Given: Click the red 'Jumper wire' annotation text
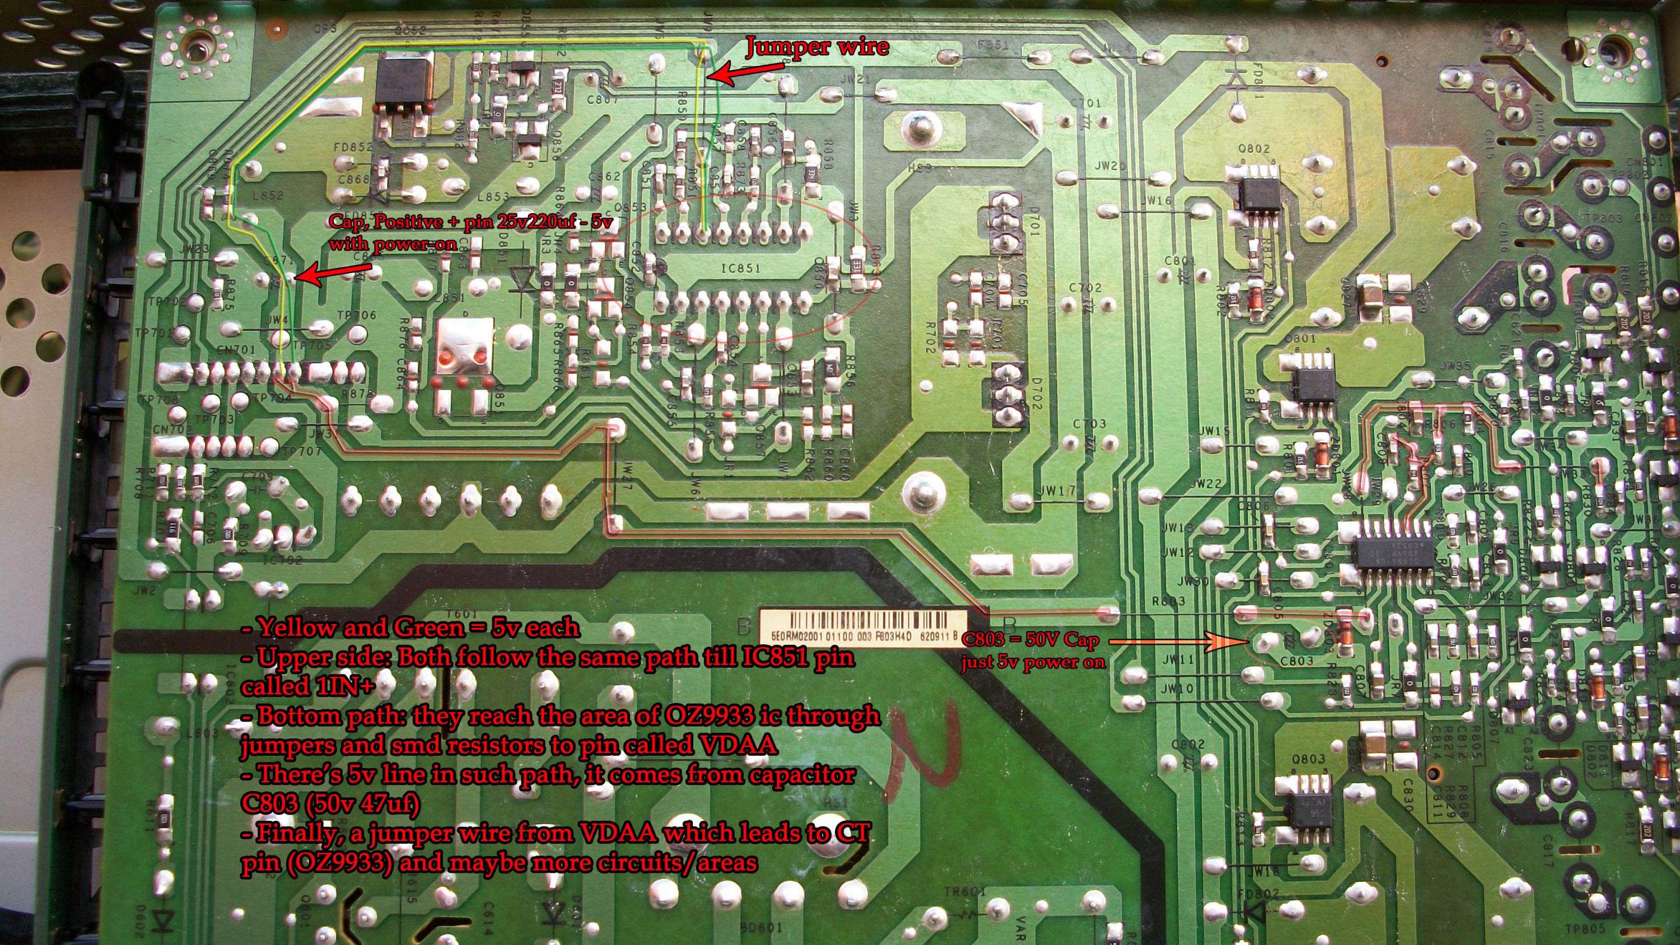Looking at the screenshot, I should pos(817,47).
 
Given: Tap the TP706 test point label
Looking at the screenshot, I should pos(357,315).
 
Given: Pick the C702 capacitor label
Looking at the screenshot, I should pos(1085,288).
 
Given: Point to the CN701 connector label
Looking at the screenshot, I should pos(236,350).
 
